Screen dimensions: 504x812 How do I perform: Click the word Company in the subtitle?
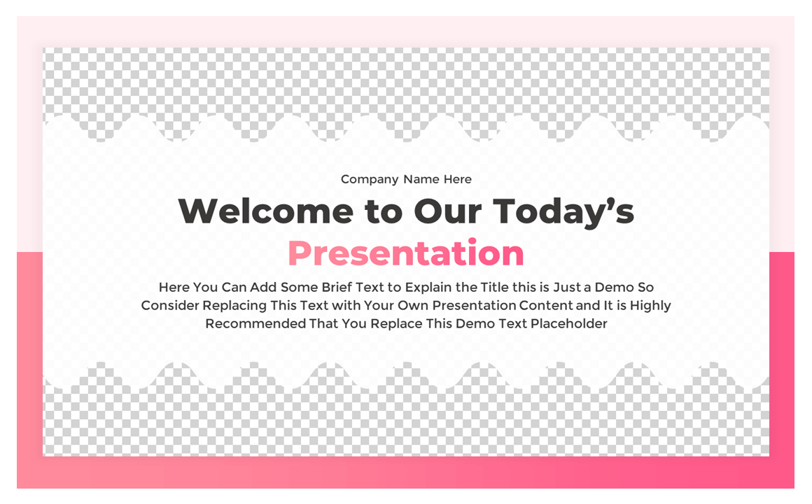[x=370, y=180]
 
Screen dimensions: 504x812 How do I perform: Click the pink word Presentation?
[x=405, y=253]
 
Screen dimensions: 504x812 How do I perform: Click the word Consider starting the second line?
[x=170, y=306]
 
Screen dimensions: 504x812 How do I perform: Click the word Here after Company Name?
[x=457, y=179]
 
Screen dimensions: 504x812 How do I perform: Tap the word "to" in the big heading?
[x=381, y=211]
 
